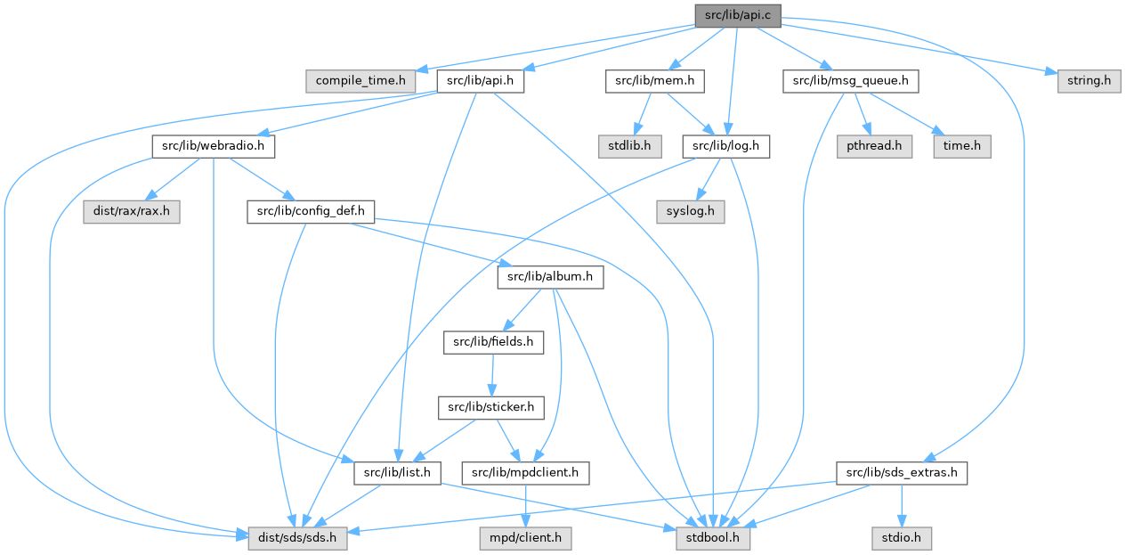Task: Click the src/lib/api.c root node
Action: pos(738,15)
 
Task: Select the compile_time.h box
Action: pos(360,81)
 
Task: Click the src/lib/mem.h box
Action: pos(655,81)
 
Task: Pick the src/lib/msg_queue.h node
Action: pos(850,81)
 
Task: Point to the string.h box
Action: pos(1089,81)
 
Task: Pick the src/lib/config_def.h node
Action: pos(311,212)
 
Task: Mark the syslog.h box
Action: pos(690,212)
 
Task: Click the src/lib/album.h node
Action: pos(550,277)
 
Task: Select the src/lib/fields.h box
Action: pos(493,342)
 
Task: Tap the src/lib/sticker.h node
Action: pos(490,407)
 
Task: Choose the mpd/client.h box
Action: pos(524,538)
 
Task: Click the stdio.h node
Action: pos(903,538)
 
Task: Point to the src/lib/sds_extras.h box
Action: pos(902,472)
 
